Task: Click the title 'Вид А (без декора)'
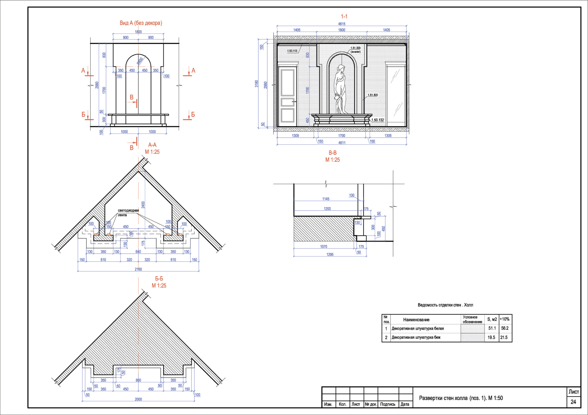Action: pos(141,23)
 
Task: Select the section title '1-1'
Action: pos(344,16)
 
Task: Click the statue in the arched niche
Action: pos(340,89)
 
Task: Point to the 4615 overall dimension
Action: pos(342,24)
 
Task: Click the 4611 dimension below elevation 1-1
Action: pos(342,143)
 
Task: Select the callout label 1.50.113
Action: pos(292,51)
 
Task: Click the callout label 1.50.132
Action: pos(377,120)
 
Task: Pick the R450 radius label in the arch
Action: pos(140,61)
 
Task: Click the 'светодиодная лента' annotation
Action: pos(128,213)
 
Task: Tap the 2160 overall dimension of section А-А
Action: pos(138,269)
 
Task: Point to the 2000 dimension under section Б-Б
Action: pos(138,399)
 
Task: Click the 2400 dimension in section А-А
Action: pos(143,205)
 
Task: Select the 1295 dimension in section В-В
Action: pos(330,254)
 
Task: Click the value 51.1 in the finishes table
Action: pos(492,328)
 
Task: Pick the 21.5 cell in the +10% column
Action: pos(504,338)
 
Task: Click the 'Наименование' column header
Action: pos(416,320)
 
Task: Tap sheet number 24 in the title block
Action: pos(573,402)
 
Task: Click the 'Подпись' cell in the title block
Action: pos(387,404)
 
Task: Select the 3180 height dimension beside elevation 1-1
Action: pos(256,84)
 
